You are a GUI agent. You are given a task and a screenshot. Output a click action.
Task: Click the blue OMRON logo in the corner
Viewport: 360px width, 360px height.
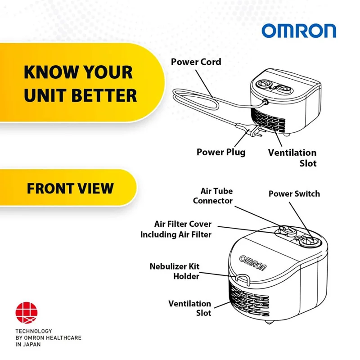coord(299,31)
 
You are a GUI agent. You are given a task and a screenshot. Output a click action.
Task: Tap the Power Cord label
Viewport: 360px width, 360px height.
coord(196,62)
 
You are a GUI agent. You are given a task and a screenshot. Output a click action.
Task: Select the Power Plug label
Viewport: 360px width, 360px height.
coord(221,152)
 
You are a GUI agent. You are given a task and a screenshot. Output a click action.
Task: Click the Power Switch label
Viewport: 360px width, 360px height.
coord(294,194)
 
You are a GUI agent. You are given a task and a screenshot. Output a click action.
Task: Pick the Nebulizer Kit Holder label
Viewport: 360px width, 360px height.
coord(174,271)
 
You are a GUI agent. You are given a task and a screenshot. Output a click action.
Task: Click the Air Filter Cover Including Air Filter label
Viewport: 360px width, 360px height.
coord(176,229)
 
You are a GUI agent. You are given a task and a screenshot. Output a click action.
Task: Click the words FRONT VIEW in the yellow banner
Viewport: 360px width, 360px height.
coord(70,188)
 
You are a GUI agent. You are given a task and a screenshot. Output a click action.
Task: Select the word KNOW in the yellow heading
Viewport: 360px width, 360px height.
coord(45,72)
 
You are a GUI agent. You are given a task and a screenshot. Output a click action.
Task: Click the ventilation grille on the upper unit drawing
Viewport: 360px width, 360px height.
coord(269,121)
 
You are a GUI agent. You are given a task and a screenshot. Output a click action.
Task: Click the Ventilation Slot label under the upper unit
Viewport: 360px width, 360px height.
coord(292,157)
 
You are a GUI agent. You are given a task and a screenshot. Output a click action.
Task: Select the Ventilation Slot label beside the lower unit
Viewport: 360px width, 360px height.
coord(189,308)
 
